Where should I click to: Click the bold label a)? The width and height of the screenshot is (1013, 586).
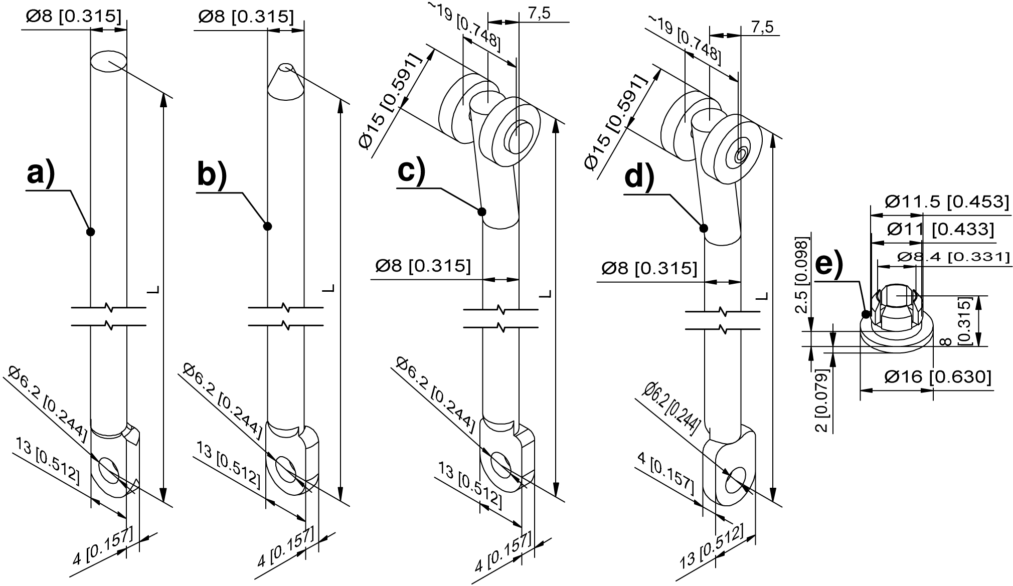click(x=41, y=174)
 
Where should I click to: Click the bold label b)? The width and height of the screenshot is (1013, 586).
click(x=212, y=174)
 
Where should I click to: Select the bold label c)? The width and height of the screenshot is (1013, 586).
click(x=411, y=170)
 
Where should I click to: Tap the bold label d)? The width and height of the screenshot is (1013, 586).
click(x=639, y=177)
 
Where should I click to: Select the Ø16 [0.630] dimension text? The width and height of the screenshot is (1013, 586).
click(x=938, y=376)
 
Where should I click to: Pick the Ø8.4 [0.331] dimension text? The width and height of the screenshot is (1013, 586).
click(x=953, y=257)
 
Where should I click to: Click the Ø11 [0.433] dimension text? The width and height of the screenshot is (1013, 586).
click(x=940, y=229)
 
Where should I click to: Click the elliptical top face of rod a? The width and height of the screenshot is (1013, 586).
click(x=108, y=61)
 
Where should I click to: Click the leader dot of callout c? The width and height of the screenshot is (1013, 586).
click(x=481, y=212)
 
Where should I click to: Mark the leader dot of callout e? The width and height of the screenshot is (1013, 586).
click(x=866, y=314)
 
